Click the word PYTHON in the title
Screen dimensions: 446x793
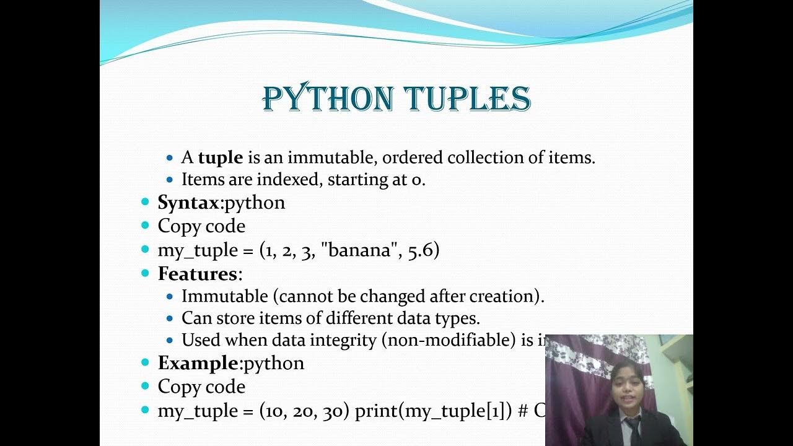[x=328, y=98]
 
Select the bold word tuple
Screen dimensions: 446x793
[x=221, y=158]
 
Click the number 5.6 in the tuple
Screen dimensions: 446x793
[x=423, y=250]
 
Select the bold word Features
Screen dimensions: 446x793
[x=198, y=274]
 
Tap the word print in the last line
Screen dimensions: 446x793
[x=377, y=411]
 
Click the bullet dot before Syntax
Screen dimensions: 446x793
[x=146, y=203]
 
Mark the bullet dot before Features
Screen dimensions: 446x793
[x=146, y=274]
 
